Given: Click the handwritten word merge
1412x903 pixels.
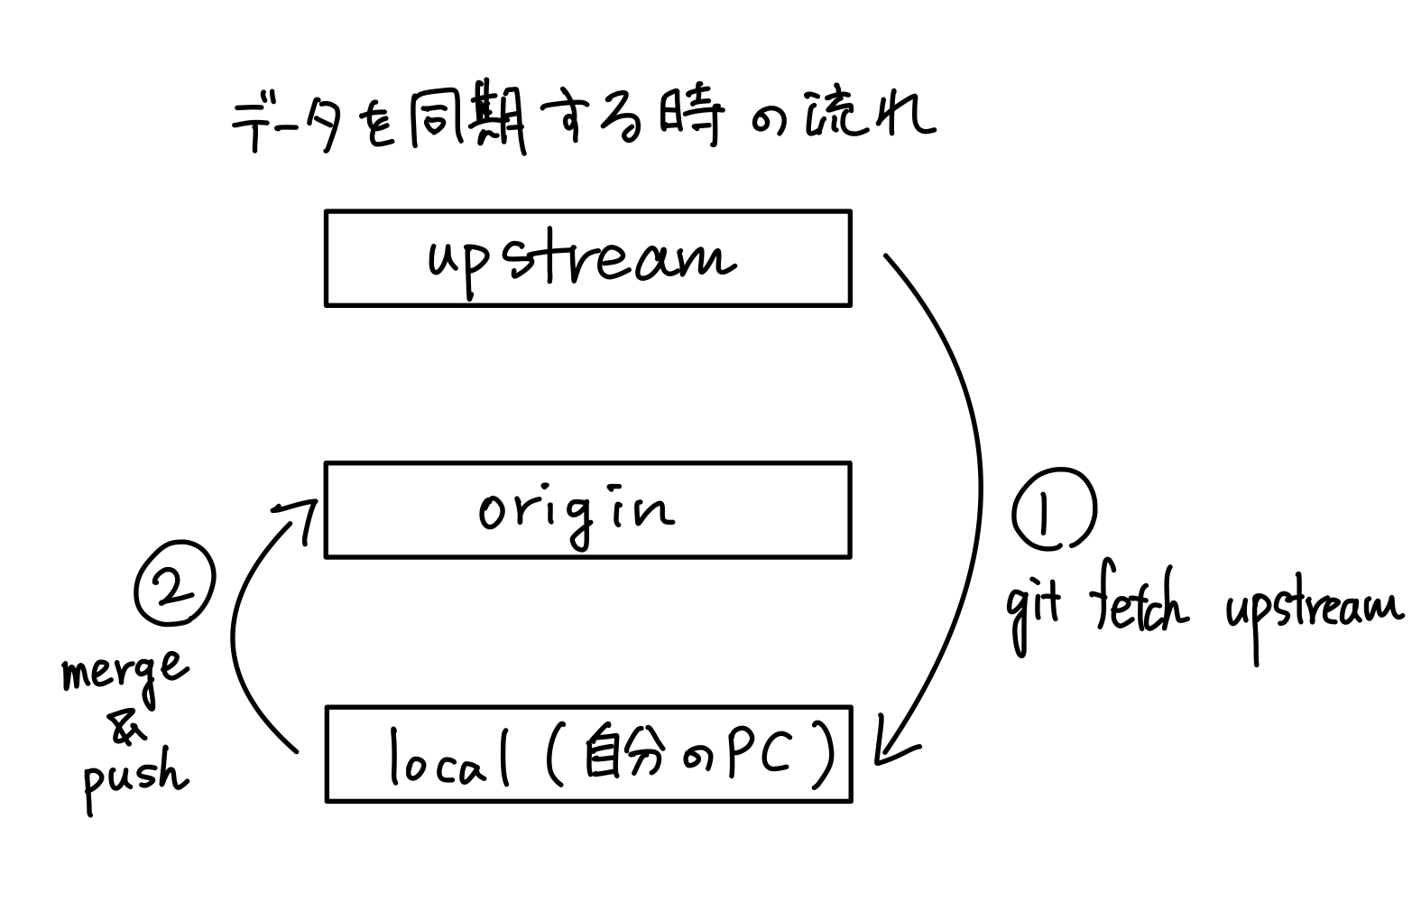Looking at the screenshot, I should pos(125,673).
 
